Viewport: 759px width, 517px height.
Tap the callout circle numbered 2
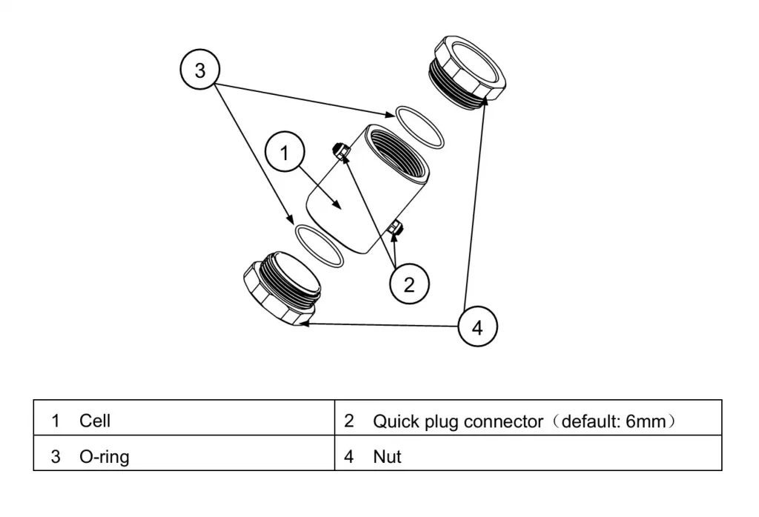click(409, 284)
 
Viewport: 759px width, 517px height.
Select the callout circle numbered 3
click(200, 70)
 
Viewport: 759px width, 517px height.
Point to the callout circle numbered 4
click(477, 327)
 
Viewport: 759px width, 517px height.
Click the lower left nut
click(282, 290)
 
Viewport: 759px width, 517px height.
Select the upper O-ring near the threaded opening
click(419, 127)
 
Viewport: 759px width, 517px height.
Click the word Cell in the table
click(95, 421)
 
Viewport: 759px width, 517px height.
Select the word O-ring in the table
click(104, 457)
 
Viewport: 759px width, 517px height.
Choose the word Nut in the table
click(387, 457)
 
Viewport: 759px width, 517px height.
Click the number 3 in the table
click(56, 457)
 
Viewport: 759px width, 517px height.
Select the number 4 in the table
click(349, 457)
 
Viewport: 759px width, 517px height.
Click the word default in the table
click(590, 421)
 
